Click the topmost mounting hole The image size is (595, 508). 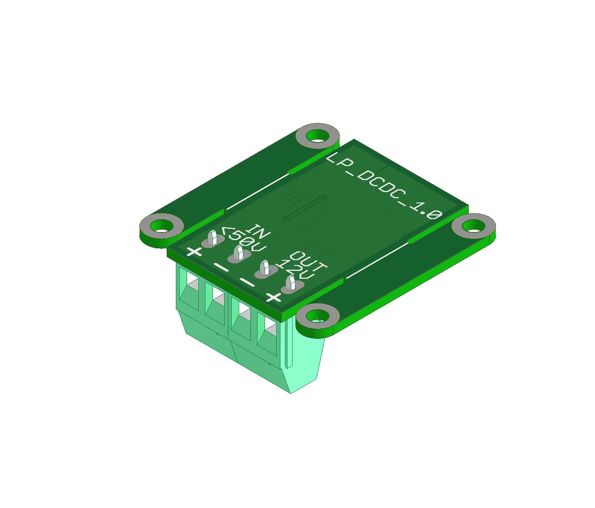point(317,135)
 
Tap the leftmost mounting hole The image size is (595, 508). point(162,226)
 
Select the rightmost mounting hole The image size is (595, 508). point(473,226)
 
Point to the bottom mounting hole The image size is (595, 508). point(317,316)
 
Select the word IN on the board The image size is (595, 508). point(259,232)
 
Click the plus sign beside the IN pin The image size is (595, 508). point(195,252)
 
